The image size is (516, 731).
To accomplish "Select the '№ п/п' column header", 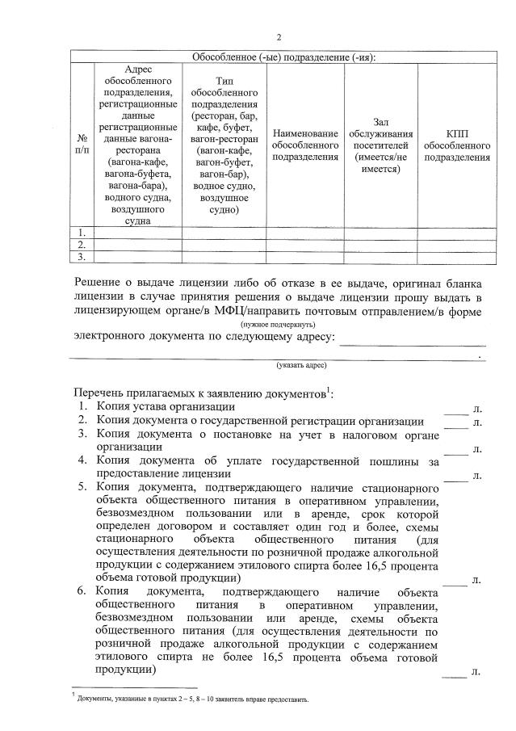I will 82,145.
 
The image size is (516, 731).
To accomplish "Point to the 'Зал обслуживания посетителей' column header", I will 381,145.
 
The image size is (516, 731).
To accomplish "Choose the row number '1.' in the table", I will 82,233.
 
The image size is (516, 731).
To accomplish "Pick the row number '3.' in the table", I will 82,257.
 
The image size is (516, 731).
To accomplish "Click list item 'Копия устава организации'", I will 166,407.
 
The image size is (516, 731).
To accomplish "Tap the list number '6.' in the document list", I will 82,590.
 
